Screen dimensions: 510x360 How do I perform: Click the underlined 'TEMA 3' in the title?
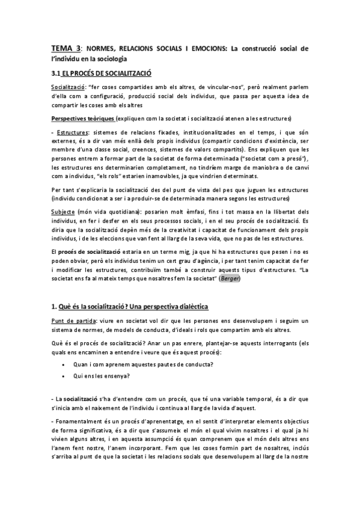(66, 48)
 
